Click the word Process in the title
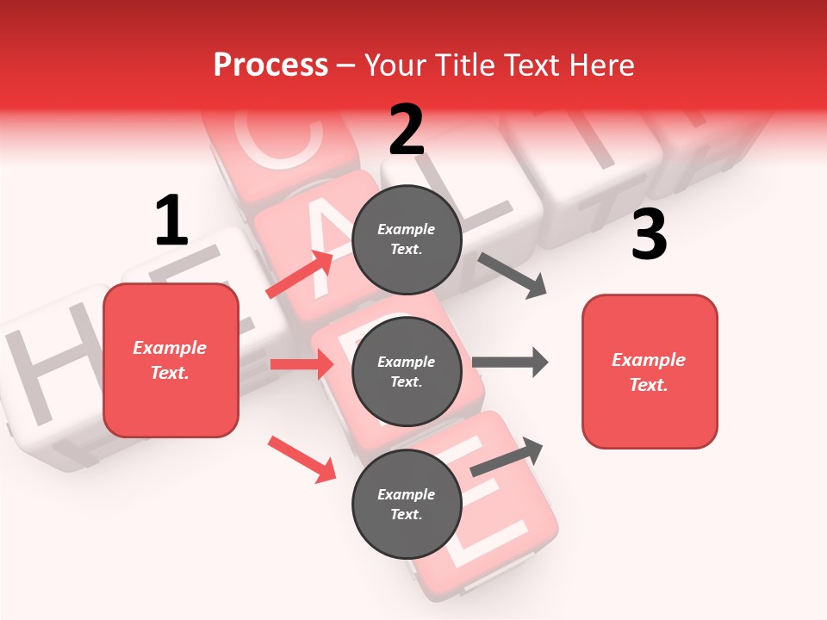coord(270,65)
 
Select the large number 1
coord(171,221)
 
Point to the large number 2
coord(407,130)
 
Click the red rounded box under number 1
coord(171,360)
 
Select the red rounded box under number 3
coord(650,372)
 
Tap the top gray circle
coord(407,239)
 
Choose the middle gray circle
coord(407,371)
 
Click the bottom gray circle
coord(407,504)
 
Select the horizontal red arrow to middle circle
coord(302,364)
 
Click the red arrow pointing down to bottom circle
coord(302,458)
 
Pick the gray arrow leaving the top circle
coord(512,276)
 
